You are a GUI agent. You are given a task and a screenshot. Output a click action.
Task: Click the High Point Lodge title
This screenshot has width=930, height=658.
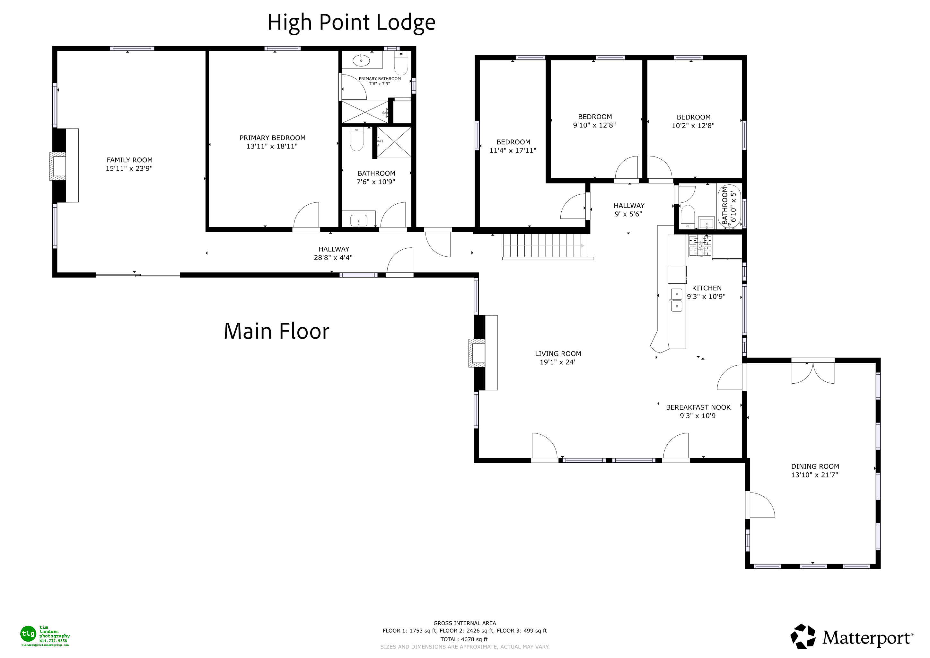351,23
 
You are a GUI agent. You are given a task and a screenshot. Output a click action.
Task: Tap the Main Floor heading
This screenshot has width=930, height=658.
276,332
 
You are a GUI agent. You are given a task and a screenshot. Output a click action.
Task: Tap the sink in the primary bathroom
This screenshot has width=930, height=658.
361,61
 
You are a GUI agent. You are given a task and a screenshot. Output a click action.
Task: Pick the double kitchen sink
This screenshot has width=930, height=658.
676,300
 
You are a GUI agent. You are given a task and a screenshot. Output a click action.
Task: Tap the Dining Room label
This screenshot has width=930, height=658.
815,467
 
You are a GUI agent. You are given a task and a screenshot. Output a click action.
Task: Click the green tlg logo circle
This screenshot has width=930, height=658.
28,633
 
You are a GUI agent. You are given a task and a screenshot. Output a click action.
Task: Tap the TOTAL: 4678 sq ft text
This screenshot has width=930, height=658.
464,639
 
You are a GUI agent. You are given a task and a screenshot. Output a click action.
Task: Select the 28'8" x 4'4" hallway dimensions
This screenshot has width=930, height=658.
333,258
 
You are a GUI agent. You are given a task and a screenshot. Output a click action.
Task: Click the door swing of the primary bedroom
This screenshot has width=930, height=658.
307,216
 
